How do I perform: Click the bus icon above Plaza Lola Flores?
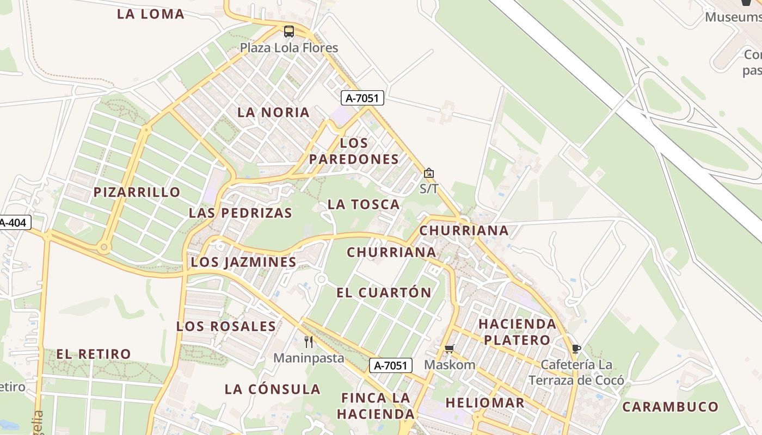pyautogui.click(x=288, y=32)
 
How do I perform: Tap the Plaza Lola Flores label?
pyautogui.click(x=289, y=48)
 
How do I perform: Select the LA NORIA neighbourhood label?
pyautogui.click(x=274, y=113)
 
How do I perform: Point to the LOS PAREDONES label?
pyautogui.click(x=354, y=151)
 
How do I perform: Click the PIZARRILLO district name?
pyautogui.click(x=137, y=192)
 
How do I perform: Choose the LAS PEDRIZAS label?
pyautogui.click(x=241, y=213)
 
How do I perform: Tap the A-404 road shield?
pyautogui.click(x=13, y=222)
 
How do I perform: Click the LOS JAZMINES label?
pyautogui.click(x=243, y=262)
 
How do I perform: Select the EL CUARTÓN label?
pyautogui.click(x=384, y=293)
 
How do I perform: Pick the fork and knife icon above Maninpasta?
pyautogui.click(x=309, y=341)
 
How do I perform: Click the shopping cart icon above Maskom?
pyautogui.click(x=449, y=349)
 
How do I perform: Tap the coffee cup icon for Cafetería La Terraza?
pyautogui.click(x=576, y=349)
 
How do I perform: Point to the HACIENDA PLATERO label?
pyautogui.click(x=517, y=332)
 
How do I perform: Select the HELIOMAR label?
pyautogui.click(x=485, y=403)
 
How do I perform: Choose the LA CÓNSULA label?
pyautogui.click(x=273, y=389)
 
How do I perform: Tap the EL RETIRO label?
pyautogui.click(x=94, y=354)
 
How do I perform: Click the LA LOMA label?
pyautogui.click(x=151, y=14)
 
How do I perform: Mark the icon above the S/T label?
pyautogui.click(x=429, y=173)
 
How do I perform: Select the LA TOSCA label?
pyautogui.click(x=364, y=204)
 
